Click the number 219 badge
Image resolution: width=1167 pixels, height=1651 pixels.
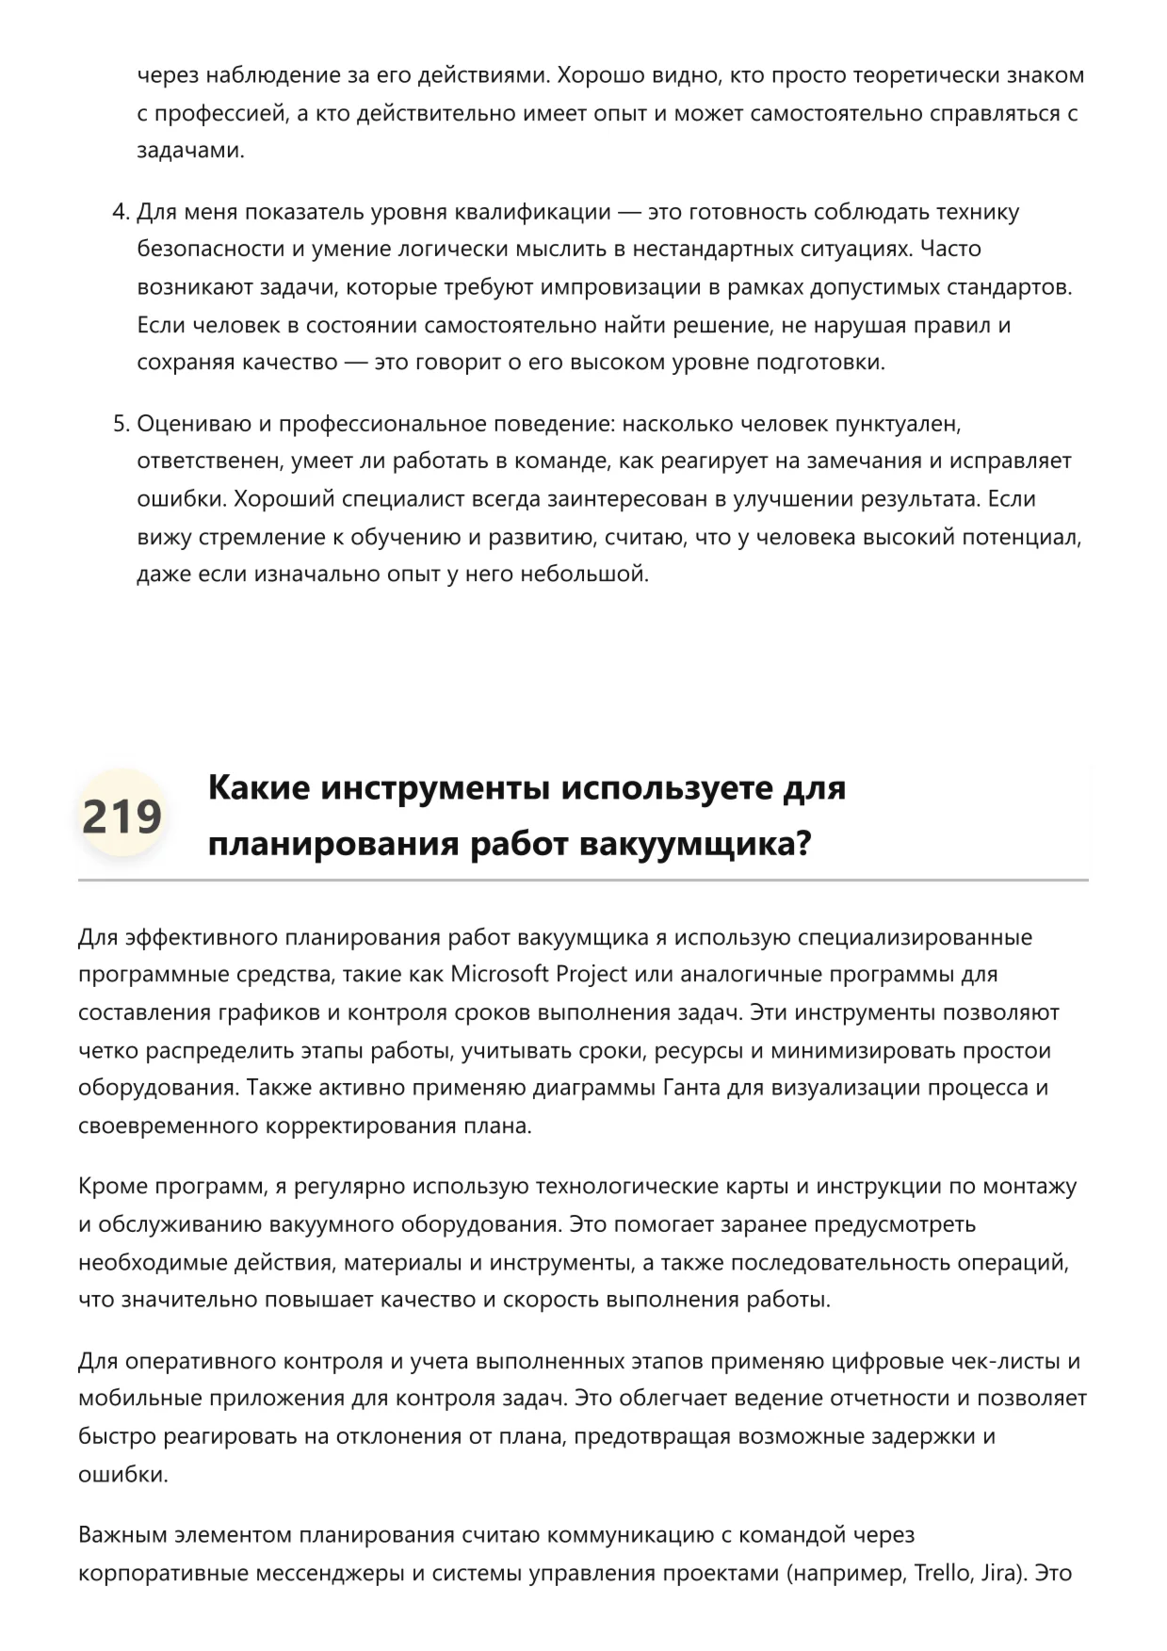pyautogui.click(x=122, y=816)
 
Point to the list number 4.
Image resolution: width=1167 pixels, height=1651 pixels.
pyautogui.click(x=120, y=212)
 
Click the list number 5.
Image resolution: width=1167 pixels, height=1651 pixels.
pyautogui.click(x=120, y=424)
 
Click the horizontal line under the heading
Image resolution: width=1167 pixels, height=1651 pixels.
pyautogui.click(x=583, y=881)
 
